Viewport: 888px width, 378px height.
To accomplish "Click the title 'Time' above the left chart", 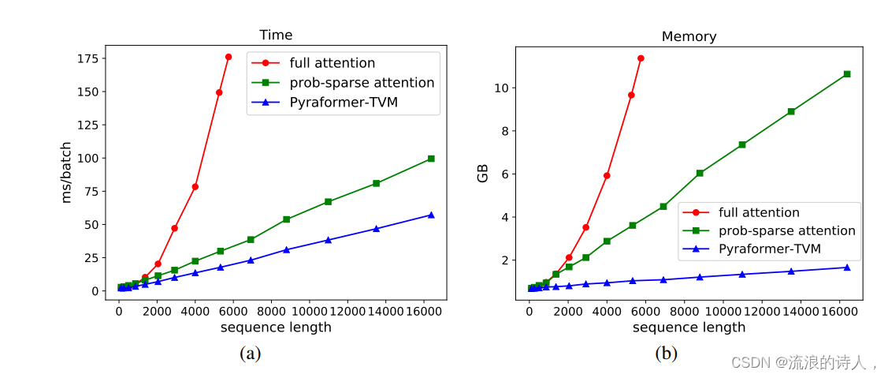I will coord(276,36).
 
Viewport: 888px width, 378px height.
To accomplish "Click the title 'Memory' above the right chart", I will coord(689,36).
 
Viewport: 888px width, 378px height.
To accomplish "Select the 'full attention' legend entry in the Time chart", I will coord(332,63).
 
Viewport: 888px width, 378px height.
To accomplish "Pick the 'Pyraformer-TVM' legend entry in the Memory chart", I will coord(770,249).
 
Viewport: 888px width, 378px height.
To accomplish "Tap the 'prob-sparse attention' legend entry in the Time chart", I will coord(362,83).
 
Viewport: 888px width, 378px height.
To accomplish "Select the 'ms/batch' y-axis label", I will coord(68,172).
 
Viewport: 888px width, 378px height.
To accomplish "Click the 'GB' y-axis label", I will coord(482,174).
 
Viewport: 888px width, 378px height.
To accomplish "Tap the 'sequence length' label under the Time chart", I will coord(276,327).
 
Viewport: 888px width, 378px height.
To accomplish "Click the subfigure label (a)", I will coord(250,354).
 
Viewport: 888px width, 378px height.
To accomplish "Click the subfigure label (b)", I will coord(666,354).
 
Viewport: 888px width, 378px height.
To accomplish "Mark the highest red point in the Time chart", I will coord(229,57).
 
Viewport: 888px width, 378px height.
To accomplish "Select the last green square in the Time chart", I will coord(431,159).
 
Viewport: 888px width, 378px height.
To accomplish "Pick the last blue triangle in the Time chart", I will coord(431,215).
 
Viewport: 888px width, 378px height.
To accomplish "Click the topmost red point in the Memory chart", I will coord(641,58).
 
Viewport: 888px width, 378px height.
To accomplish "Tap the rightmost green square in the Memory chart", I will coord(847,74).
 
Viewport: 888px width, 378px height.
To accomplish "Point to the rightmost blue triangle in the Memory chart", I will coord(847,268).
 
